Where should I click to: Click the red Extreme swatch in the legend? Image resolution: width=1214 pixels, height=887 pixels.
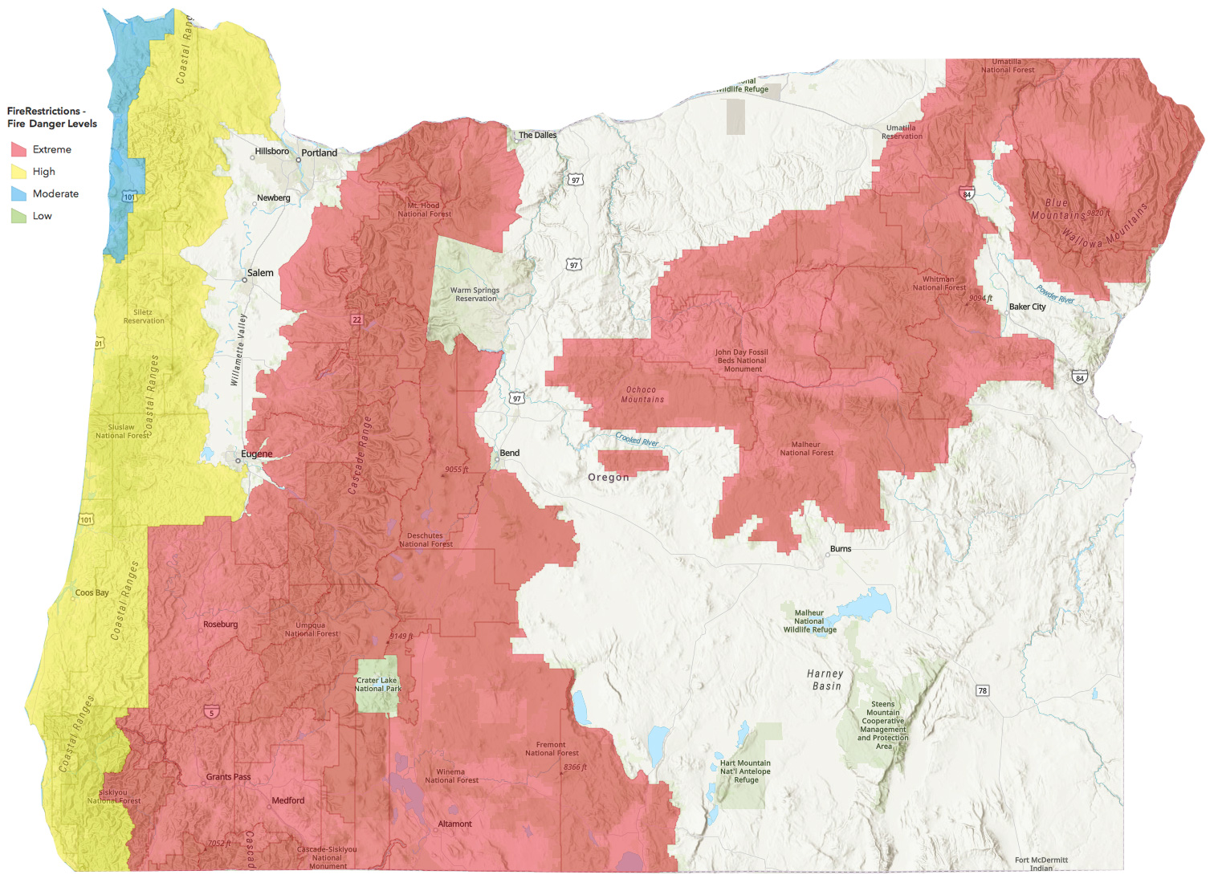(x=19, y=149)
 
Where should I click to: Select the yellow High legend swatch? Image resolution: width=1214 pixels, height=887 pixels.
(x=19, y=172)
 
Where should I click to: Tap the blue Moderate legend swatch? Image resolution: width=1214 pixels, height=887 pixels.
(x=19, y=193)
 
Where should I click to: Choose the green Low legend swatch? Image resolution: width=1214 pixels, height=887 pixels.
(x=19, y=216)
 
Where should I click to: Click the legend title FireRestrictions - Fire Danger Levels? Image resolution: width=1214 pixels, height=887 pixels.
(x=52, y=117)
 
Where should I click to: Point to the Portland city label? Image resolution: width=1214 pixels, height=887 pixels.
(x=319, y=153)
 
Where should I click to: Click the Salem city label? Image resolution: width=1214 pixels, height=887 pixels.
(x=260, y=273)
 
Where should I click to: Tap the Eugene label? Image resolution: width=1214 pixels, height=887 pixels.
(x=257, y=454)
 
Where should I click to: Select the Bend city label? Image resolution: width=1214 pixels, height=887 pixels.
(x=510, y=453)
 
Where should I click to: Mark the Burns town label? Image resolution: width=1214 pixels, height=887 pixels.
(x=841, y=549)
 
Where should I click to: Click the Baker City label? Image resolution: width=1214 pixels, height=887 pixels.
(x=1028, y=307)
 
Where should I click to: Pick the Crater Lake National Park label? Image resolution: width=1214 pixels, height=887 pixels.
(x=378, y=684)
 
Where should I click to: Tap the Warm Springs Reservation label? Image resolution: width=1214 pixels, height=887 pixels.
(x=475, y=295)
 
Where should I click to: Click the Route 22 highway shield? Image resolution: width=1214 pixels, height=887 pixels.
(x=356, y=319)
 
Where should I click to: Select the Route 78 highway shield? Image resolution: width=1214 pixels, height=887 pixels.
(x=982, y=690)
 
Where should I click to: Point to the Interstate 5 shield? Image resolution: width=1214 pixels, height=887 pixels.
(x=211, y=712)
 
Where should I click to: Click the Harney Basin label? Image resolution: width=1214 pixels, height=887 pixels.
(x=825, y=680)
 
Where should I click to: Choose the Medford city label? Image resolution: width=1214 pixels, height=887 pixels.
(x=288, y=800)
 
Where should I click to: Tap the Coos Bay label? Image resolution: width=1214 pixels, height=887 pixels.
(x=92, y=592)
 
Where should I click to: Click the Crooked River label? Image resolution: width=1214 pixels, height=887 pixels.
(x=637, y=439)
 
